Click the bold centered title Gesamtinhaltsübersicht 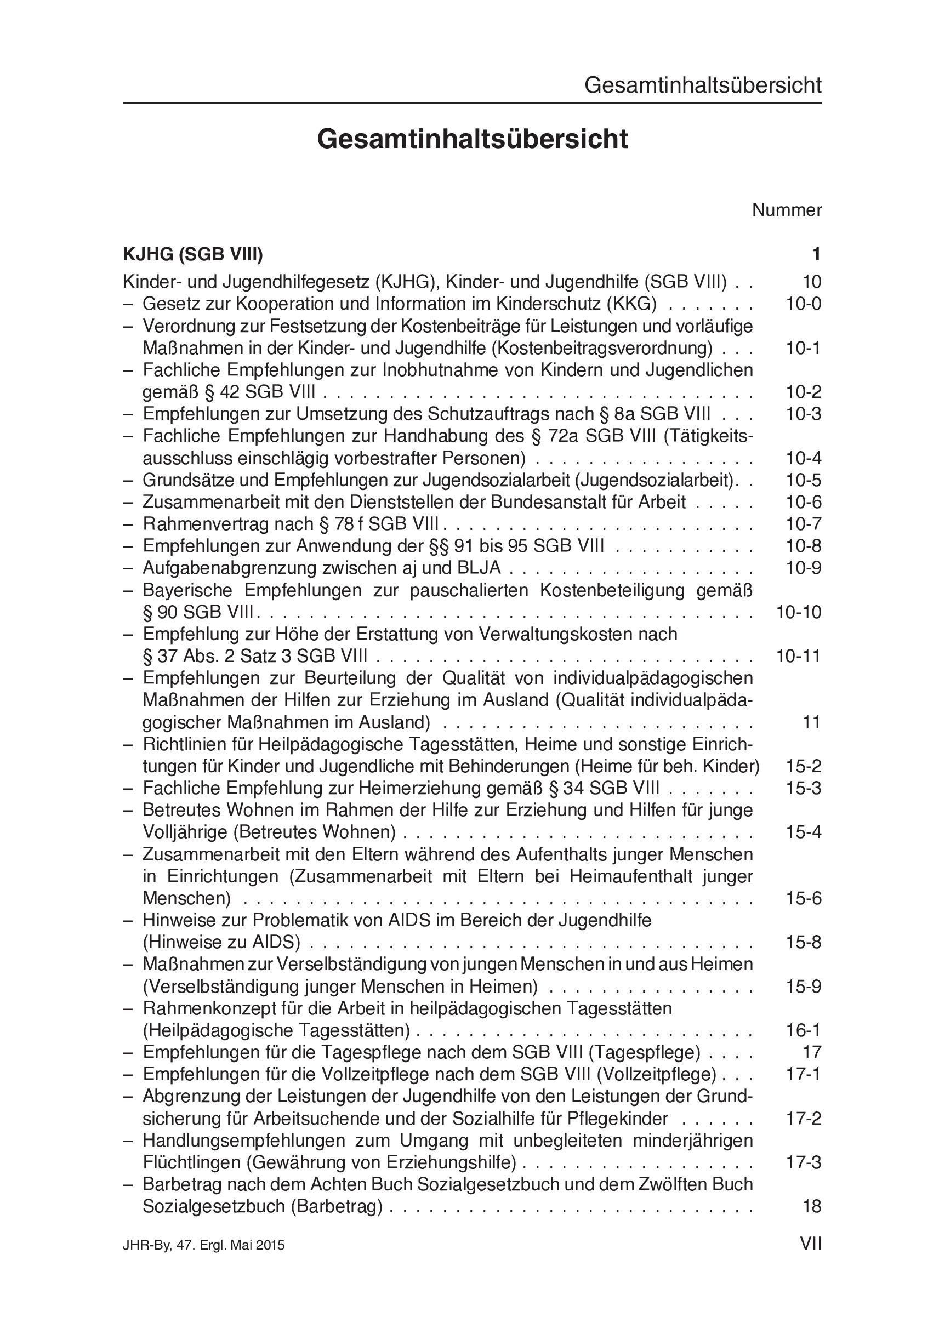[472, 139]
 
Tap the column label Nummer [786, 210]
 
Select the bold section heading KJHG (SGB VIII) [192, 254]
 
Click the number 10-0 [803, 304]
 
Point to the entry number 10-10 [798, 612]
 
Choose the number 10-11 [798, 656]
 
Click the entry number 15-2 [803, 766]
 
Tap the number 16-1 [803, 1030]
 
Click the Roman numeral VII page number [811, 1244]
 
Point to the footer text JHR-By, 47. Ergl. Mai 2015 [204, 1245]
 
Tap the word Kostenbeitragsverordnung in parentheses [602, 349]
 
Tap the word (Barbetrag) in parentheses [337, 1206]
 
